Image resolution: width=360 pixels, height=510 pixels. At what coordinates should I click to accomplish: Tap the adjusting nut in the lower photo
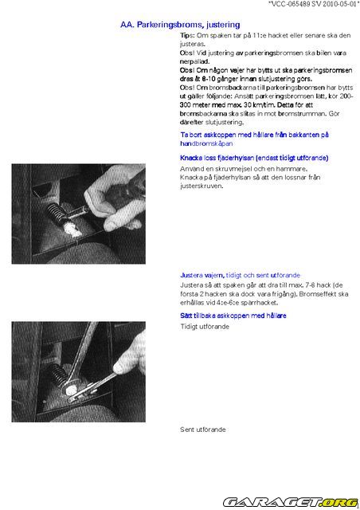click(x=72, y=389)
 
